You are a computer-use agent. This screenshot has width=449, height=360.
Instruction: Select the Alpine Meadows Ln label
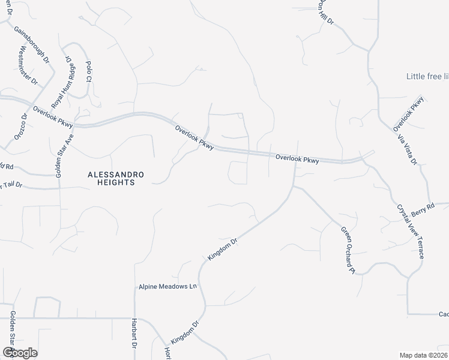coord(167,287)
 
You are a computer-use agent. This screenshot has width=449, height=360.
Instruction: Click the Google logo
coord(19,352)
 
